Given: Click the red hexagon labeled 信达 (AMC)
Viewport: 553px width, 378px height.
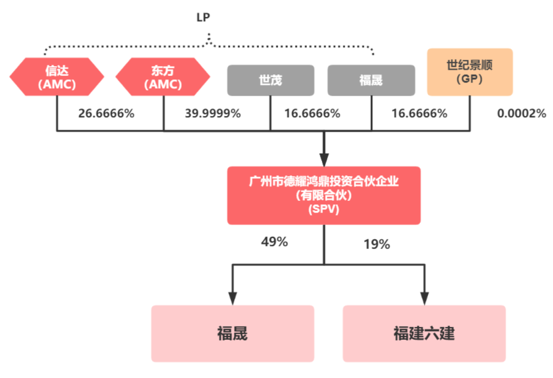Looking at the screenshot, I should tap(57, 77).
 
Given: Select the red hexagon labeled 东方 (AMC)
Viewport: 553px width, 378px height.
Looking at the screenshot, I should tap(163, 77).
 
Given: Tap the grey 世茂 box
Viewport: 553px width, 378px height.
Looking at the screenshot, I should tap(270, 80).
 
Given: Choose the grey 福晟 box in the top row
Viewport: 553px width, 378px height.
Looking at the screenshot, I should tap(371, 80).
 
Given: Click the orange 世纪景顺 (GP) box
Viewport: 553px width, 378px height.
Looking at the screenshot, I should tap(470, 72).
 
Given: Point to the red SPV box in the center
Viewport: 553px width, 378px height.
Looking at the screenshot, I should tap(324, 195).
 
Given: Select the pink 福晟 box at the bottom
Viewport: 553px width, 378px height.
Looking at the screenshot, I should tap(232, 333).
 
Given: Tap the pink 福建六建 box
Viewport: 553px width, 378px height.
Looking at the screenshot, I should tap(424, 333).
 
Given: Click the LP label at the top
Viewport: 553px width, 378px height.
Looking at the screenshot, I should tap(203, 17).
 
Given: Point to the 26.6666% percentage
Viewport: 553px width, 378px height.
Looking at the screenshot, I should tap(107, 114).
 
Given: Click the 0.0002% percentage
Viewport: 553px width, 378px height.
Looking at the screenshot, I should tap(522, 114).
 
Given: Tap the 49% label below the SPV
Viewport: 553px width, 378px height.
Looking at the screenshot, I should tap(274, 242).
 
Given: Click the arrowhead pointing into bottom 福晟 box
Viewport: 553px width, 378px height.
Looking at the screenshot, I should tap(233, 298).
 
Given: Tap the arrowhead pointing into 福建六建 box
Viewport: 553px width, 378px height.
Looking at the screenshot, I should tap(424, 298).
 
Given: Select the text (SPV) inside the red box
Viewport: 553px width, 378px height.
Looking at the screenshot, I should tap(324, 209).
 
